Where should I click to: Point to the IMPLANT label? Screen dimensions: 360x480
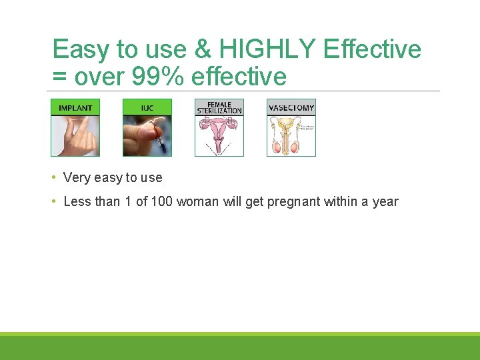click(75, 107)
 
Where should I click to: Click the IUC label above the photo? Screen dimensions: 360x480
click(147, 107)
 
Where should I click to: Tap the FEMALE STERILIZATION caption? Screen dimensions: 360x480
click(219, 107)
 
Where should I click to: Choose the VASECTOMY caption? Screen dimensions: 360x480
click(291, 107)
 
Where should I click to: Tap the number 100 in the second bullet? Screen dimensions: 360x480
click(162, 201)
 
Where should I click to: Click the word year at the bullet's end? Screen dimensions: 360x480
click(385, 202)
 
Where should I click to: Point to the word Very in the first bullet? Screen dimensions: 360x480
click(77, 177)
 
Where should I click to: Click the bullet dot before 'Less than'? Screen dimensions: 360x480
click(54, 201)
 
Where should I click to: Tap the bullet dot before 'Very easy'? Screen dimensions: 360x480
click(54, 177)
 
